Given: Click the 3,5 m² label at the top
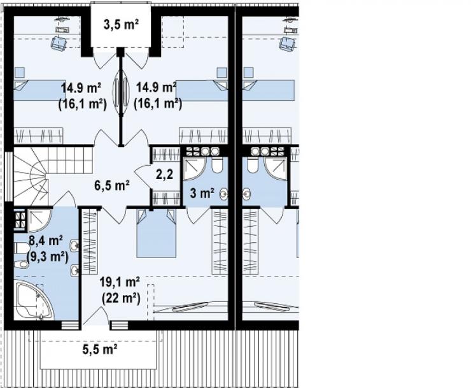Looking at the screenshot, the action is point(121,25).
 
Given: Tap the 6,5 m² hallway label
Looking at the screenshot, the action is point(112,185).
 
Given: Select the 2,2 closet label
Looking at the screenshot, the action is point(165,174).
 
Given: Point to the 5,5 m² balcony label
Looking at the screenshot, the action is point(100,349).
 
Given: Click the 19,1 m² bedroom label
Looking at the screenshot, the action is point(120,282).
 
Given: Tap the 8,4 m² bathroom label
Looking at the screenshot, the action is point(46,241).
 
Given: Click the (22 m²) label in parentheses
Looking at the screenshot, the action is point(121,298).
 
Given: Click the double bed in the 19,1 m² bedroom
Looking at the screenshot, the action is point(156,233).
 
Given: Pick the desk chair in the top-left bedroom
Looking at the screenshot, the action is point(59,42).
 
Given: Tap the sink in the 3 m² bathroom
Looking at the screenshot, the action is point(224,194).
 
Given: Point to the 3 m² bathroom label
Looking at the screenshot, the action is point(202,194).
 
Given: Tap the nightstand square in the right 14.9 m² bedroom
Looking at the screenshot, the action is point(221,73).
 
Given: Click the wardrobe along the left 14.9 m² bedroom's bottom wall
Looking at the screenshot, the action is point(38,136).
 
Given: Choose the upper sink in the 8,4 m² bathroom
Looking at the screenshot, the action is point(74,246).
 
